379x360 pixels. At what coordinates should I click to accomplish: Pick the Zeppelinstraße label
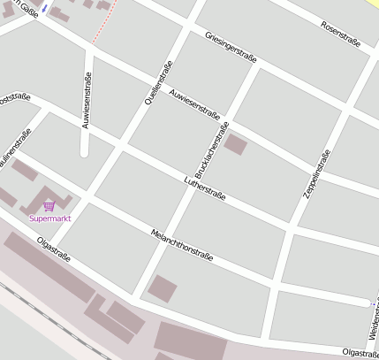coord(315,173)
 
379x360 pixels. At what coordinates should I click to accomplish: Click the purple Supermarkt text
coord(49,218)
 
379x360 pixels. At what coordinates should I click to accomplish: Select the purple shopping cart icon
coord(49,205)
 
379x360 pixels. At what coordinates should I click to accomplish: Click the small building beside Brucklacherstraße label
coord(236,144)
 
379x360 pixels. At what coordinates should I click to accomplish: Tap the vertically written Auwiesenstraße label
coord(86,100)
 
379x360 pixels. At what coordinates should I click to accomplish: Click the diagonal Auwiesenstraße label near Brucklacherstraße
coord(194,103)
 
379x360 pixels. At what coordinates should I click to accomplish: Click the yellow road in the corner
coord(372,5)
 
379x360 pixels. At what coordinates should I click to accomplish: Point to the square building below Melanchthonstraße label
coord(162,288)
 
